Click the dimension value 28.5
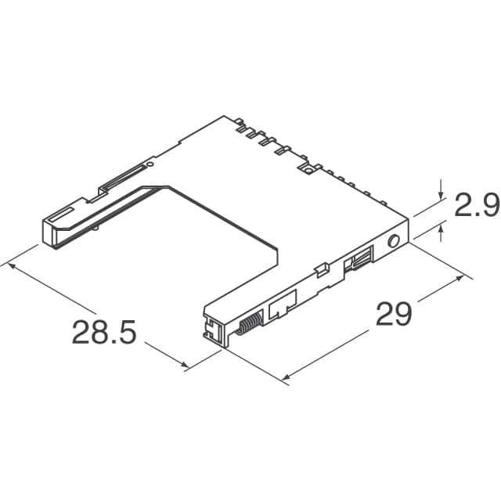(x=104, y=333)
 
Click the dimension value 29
(x=394, y=315)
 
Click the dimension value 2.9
(x=477, y=206)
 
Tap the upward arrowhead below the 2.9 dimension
(x=442, y=227)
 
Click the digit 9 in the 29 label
(x=404, y=315)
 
